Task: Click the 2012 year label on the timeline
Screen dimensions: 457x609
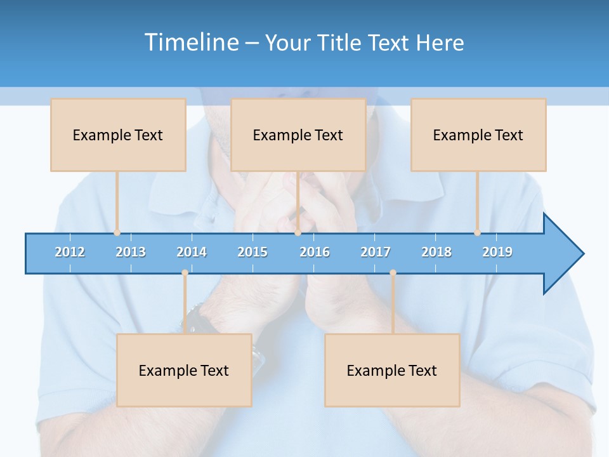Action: click(x=70, y=252)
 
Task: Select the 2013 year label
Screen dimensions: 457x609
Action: click(x=131, y=252)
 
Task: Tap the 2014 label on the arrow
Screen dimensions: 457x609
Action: click(x=192, y=252)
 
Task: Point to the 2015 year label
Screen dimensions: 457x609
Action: click(x=252, y=252)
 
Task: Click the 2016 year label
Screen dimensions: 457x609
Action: click(x=315, y=252)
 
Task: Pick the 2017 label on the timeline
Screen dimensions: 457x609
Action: click(x=376, y=252)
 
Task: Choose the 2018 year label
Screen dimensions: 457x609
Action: click(x=436, y=252)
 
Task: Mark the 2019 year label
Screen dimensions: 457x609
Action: click(x=497, y=252)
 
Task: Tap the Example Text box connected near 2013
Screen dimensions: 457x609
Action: click(x=118, y=135)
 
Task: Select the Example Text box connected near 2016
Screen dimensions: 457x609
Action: click(x=298, y=135)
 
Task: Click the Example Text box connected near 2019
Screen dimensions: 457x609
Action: click(x=478, y=135)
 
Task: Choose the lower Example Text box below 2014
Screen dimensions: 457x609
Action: click(x=184, y=370)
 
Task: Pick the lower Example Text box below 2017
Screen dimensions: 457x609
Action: click(x=392, y=370)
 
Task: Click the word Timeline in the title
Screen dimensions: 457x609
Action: click(x=191, y=43)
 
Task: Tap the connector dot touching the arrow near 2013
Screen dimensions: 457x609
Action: click(x=117, y=233)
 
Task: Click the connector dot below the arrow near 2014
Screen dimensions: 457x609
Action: click(x=185, y=272)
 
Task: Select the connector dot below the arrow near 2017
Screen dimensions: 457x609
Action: click(x=393, y=272)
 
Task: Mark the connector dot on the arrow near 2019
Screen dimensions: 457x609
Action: click(x=477, y=233)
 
